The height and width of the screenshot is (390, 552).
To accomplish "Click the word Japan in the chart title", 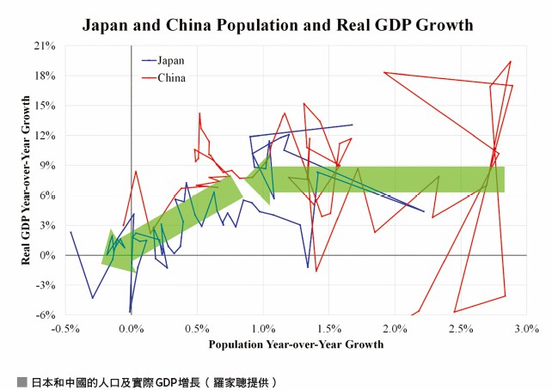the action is [105, 25].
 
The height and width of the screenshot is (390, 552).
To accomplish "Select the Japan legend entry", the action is [163, 60].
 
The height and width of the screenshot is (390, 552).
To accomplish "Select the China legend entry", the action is [163, 77].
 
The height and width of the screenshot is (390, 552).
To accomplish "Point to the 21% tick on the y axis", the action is [45, 46].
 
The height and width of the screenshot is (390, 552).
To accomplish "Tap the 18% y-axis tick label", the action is [45, 76].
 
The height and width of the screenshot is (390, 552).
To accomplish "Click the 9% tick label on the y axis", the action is [47, 165].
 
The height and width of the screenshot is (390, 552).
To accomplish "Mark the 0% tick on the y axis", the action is [47, 255].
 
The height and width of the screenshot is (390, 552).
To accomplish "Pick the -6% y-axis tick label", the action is [46, 315].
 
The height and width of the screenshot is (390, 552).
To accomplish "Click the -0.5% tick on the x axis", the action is [65, 329].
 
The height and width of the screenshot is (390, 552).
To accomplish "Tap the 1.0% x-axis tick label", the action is [263, 329].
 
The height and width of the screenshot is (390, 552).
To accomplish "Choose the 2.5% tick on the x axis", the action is [461, 329].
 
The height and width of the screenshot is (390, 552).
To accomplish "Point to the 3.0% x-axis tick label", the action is [527, 329].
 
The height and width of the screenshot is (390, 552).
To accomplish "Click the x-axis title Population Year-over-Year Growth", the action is [296, 344].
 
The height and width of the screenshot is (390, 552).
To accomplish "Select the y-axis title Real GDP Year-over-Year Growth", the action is [26, 180].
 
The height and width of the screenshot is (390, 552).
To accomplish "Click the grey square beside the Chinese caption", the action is [21, 382].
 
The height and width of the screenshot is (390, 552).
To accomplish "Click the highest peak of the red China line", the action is [511, 62].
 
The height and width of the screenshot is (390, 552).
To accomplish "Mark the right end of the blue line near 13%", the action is [352, 125].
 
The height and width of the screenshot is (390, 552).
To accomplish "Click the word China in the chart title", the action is [188, 25].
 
